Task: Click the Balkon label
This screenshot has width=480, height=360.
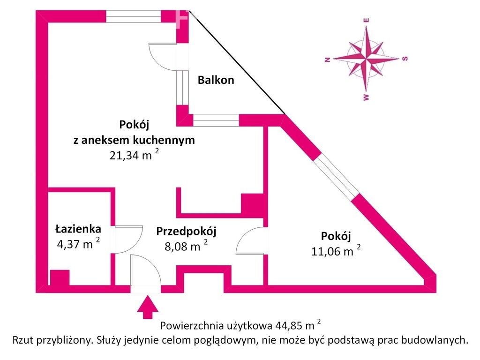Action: [216, 80]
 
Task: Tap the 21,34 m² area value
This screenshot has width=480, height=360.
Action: [135, 155]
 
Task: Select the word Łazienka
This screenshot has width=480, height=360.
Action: [78, 229]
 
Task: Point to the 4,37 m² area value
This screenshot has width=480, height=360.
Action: [78, 244]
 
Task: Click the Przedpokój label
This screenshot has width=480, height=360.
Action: [186, 232]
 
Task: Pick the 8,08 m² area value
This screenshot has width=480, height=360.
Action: [186, 246]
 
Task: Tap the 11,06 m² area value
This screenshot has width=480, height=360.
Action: [336, 251]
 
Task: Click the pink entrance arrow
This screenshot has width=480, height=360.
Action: [148, 307]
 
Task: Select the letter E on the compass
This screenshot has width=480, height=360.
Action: [366, 21]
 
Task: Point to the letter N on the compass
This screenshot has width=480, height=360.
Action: [327, 60]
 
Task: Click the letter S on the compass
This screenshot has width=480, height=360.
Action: [405, 59]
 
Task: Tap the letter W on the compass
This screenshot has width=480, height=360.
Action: [366, 97]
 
